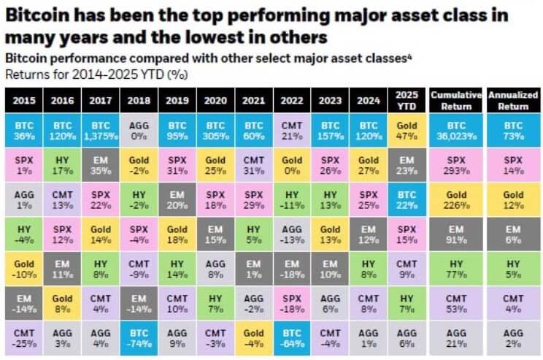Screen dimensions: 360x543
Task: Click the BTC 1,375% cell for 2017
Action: pyautogui.click(x=100, y=130)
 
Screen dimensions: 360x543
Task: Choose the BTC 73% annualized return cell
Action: pyautogui.click(x=514, y=130)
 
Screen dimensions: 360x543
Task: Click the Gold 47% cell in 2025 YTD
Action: pyautogui.click(x=406, y=130)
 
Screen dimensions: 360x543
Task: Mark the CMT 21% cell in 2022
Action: pyautogui.click(x=290, y=130)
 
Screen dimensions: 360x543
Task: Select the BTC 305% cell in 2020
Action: pyautogui.click(x=215, y=130)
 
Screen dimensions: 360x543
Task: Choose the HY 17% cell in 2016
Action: pyautogui.click(x=62, y=164)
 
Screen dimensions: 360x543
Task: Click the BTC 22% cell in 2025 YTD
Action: pyautogui.click(x=406, y=199)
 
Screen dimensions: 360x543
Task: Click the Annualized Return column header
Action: pyautogui.click(x=514, y=99)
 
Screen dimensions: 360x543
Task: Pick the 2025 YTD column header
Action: pyautogui.click(x=406, y=99)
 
